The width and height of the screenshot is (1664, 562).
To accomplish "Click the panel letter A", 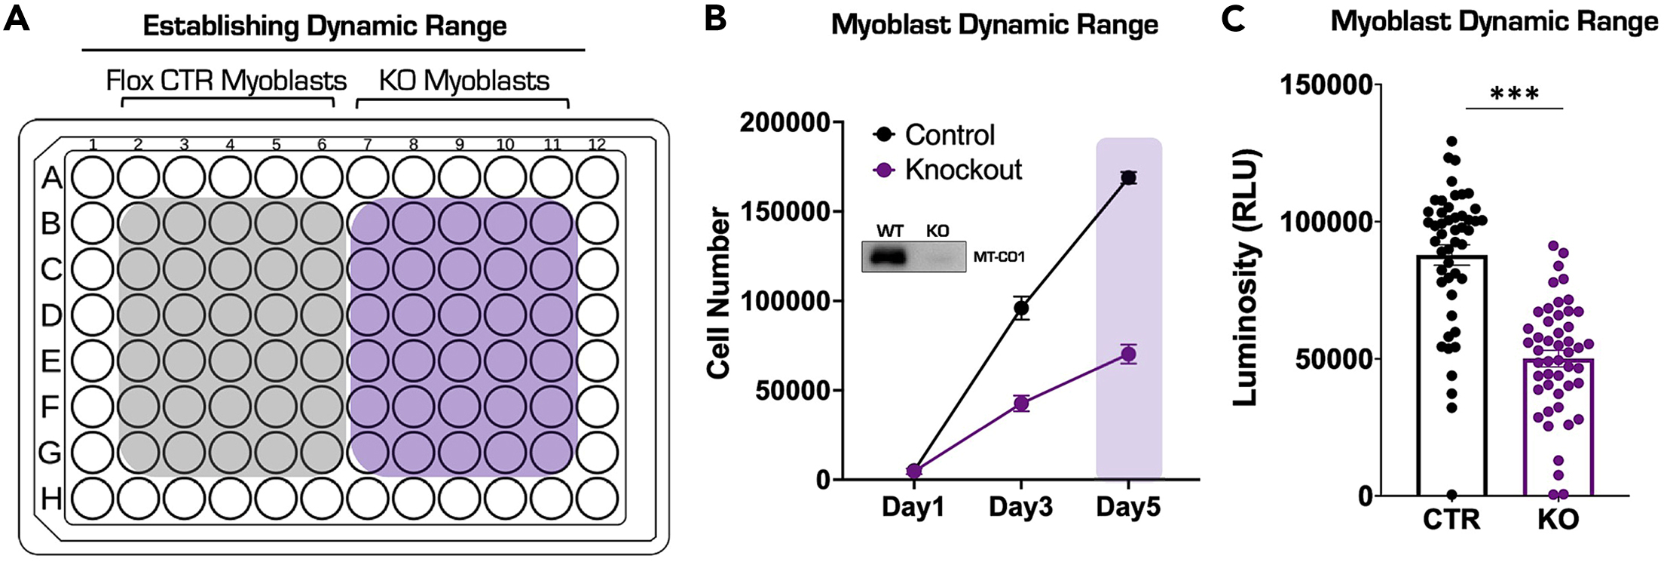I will click(x=17, y=18).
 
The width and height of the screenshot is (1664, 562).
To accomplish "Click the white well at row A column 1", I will click(x=93, y=178).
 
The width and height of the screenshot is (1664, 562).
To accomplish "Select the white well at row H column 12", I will click(x=598, y=499).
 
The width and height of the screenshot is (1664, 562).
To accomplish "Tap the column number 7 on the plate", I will click(x=368, y=145).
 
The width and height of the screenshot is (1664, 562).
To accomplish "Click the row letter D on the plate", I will click(x=50, y=315).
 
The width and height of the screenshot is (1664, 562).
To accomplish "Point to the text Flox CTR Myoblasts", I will click(x=226, y=81).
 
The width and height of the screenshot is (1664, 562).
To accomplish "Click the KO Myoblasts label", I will click(x=463, y=81).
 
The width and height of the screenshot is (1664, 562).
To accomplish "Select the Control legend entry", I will click(x=934, y=135).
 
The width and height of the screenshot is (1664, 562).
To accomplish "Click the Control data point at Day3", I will click(x=1021, y=308).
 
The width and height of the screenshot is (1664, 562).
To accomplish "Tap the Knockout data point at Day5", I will click(x=1128, y=355).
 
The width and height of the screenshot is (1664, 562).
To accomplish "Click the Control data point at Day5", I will click(x=1128, y=178).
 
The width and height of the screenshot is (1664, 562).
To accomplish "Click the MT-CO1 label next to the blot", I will click(x=999, y=257).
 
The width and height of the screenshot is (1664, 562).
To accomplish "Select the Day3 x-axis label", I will click(x=1020, y=508).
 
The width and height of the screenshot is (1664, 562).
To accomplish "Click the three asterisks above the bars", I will click(x=1514, y=95).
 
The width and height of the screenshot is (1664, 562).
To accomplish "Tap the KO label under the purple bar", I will click(x=1558, y=520).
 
